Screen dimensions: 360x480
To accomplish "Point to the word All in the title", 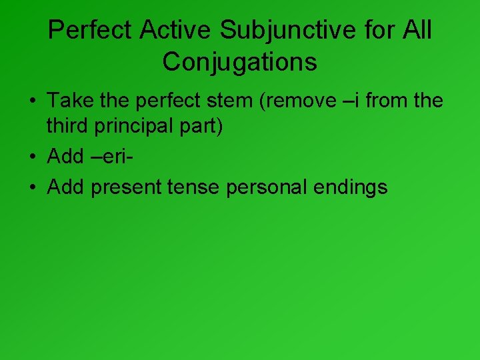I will pos(417,30).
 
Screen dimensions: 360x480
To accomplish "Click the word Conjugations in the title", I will pos(239,62).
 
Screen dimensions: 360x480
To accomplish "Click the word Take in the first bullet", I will pos(66,101).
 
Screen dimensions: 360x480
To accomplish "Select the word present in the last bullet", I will pos(126,187).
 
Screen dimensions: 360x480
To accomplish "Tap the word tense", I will pos(193,187).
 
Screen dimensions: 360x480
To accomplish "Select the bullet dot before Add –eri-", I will pos(32,157).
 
